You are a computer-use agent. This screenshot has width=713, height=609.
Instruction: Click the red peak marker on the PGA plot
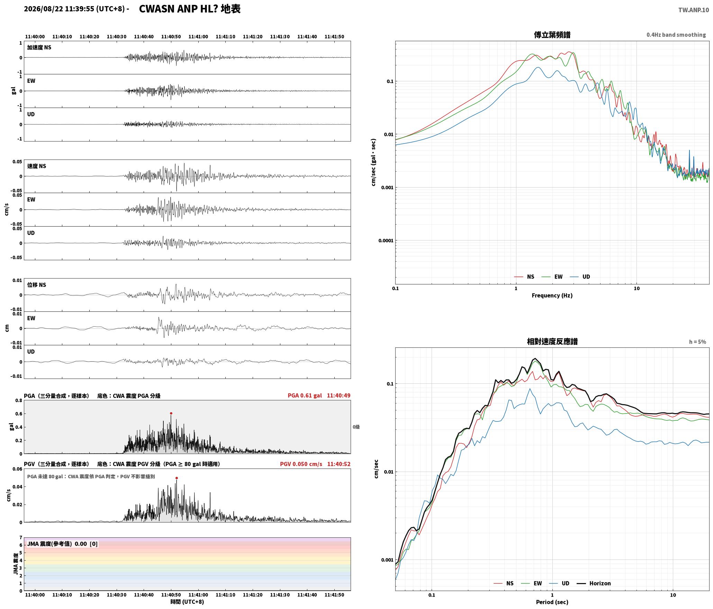pyautogui.click(x=171, y=413)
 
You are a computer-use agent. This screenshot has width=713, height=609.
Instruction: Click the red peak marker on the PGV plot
pyautogui.click(x=177, y=478)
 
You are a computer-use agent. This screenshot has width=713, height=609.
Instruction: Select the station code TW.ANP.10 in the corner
pyautogui.click(x=693, y=10)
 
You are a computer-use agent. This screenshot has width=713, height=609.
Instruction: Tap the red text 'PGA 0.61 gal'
pyautogui.click(x=305, y=396)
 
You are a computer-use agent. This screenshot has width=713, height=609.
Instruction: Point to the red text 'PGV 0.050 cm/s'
pyautogui.click(x=301, y=464)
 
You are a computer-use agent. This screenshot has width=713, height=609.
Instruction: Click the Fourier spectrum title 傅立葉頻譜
pyautogui.click(x=552, y=35)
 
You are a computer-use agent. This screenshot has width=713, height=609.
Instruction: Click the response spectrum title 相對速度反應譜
pyautogui.click(x=552, y=342)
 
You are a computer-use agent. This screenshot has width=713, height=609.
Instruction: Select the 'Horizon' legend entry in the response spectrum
pyautogui.click(x=594, y=583)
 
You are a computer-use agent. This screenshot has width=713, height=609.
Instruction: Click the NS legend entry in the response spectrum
pyautogui.click(x=504, y=583)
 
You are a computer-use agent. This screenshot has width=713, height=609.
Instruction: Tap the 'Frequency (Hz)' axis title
pyautogui.click(x=552, y=296)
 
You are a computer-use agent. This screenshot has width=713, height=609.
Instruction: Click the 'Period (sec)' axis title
pyautogui.click(x=552, y=602)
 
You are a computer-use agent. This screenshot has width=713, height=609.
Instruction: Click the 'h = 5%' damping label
pyautogui.click(x=697, y=342)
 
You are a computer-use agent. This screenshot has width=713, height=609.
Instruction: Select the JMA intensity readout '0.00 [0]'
pyautogui.click(x=86, y=544)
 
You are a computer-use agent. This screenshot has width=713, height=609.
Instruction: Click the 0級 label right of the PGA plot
pyautogui.click(x=356, y=427)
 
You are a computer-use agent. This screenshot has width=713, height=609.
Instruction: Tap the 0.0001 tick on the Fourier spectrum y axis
pyautogui.click(x=386, y=241)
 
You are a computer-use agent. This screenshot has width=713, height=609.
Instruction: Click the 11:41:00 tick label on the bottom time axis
pyautogui.click(x=198, y=595)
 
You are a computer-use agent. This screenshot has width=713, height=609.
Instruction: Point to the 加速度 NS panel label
pyautogui.click(x=39, y=47)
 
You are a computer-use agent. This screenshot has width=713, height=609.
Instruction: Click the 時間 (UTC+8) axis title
pyautogui.click(x=187, y=602)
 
